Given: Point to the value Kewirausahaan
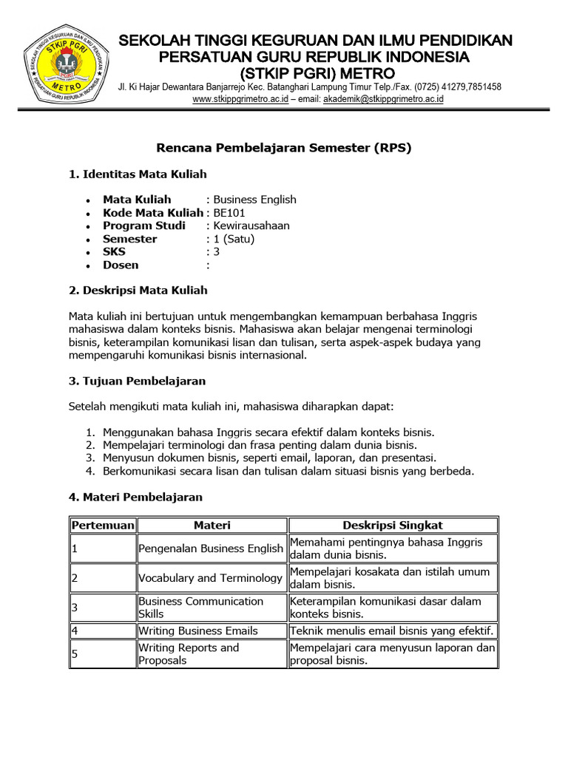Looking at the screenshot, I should (251, 225).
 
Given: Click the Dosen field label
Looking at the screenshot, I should (121, 265).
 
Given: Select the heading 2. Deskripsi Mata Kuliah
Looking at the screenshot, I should (138, 290).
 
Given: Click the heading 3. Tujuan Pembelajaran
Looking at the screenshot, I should (137, 381).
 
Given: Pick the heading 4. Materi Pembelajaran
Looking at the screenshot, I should (135, 497).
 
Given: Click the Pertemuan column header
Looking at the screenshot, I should (103, 525).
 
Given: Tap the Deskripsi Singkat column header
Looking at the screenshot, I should (393, 525).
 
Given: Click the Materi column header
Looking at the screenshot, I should (212, 525).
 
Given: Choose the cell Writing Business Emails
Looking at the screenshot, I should (198, 631).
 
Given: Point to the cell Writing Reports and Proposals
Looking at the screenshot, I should (189, 654).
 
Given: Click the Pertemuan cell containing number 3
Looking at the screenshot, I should (103, 608).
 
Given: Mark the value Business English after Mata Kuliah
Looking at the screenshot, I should (254, 200).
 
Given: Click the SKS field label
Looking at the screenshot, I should (114, 252).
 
